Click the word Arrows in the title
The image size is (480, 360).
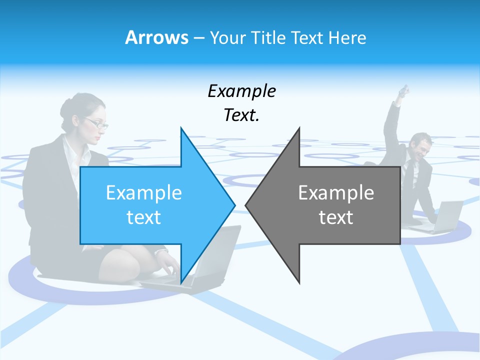(156, 37)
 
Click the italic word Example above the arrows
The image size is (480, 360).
(241, 91)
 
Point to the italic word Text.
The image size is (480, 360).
(241, 115)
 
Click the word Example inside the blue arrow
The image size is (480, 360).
(144, 193)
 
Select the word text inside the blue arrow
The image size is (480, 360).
(144, 217)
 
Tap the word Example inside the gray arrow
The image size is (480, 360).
(336, 193)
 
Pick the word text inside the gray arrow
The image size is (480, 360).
(336, 217)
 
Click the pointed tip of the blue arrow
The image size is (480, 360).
(233, 205)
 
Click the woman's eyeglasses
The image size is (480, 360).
(96, 123)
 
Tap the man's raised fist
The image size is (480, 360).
(406, 90)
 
